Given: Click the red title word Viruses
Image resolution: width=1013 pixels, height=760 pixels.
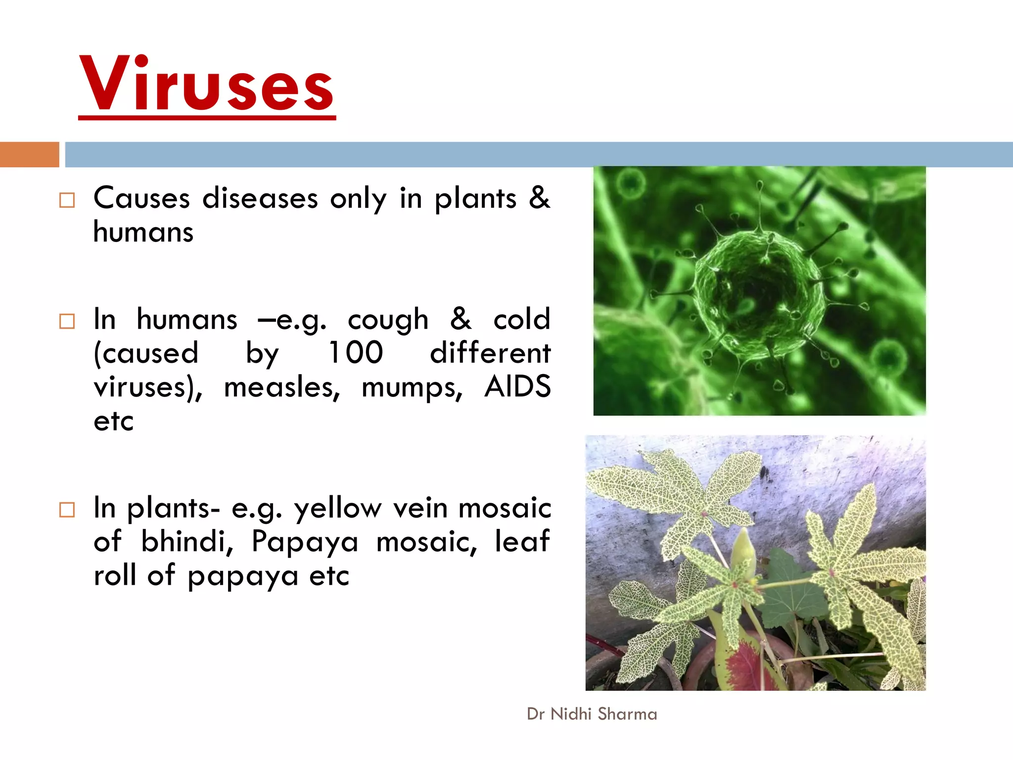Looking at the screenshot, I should (207, 84).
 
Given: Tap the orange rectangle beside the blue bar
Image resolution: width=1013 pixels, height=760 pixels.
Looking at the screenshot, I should (29, 154).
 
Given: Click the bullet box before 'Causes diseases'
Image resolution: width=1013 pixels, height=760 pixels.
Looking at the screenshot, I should (67, 200).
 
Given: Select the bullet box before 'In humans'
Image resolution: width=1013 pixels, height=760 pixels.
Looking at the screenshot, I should (67, 321).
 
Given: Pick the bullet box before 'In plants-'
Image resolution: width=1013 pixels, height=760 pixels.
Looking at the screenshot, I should (67, 510).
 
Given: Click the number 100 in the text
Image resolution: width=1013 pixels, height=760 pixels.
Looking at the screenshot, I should (356, 353).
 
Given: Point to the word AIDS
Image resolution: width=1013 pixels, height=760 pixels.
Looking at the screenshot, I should (517, 386).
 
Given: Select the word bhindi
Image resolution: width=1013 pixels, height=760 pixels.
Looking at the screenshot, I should (187, 541).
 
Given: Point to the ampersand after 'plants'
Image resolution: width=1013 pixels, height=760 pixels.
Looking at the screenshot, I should (539, 198).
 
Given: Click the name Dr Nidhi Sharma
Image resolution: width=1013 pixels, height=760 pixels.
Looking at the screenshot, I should (592, 714).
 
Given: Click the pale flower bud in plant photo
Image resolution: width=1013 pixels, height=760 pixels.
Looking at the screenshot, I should (743, 552).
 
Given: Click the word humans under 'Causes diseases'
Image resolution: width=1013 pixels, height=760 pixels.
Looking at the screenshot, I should (143, 232).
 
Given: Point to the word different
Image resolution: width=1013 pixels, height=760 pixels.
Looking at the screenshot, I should (490, 353).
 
